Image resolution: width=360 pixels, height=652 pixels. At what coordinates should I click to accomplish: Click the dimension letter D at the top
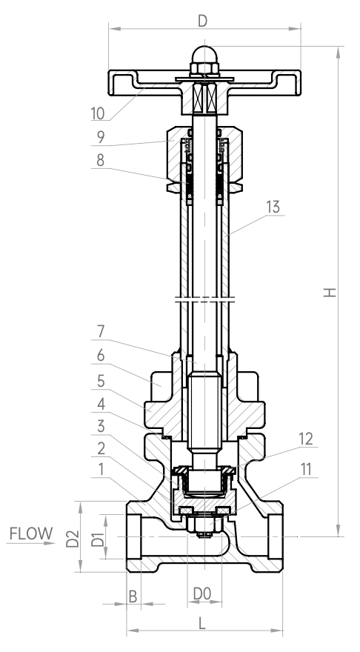(x=202, y=21)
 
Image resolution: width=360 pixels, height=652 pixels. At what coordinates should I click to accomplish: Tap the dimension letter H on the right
(x=330, y=293)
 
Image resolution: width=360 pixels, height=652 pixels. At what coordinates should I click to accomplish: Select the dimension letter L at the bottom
(x=202, y=623)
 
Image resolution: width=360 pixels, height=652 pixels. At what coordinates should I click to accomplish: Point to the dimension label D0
(x=202, y=593)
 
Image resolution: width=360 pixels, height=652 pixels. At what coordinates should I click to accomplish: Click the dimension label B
(x=133, y=596)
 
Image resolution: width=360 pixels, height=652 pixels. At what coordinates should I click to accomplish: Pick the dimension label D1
(x=98, y=537)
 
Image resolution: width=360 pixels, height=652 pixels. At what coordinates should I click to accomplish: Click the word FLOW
(x=31, y=533)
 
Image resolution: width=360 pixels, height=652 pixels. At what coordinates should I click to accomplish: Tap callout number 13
(x=273, y=207)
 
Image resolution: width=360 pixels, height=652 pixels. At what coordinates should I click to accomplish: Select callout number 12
(x=305, y=439)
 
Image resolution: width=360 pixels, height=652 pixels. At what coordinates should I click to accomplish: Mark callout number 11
(x=305, y=470)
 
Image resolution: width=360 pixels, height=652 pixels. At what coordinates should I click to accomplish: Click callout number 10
(x=98, y=113)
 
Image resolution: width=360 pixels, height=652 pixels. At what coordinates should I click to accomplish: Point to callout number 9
(x=101, y=137)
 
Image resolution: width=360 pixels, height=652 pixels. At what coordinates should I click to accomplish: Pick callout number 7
(x=101, y=332)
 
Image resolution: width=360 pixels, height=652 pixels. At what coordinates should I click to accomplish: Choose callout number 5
(x=101, y=382)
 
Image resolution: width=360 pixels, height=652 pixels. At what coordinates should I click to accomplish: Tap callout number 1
(x=101, y=470)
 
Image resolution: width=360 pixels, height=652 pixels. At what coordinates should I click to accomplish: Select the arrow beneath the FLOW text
(x=31, y=543)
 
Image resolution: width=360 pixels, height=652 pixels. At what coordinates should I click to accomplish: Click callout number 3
(x=101, y=426)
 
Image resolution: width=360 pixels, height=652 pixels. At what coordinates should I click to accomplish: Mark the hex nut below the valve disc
(x=204, y=525)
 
